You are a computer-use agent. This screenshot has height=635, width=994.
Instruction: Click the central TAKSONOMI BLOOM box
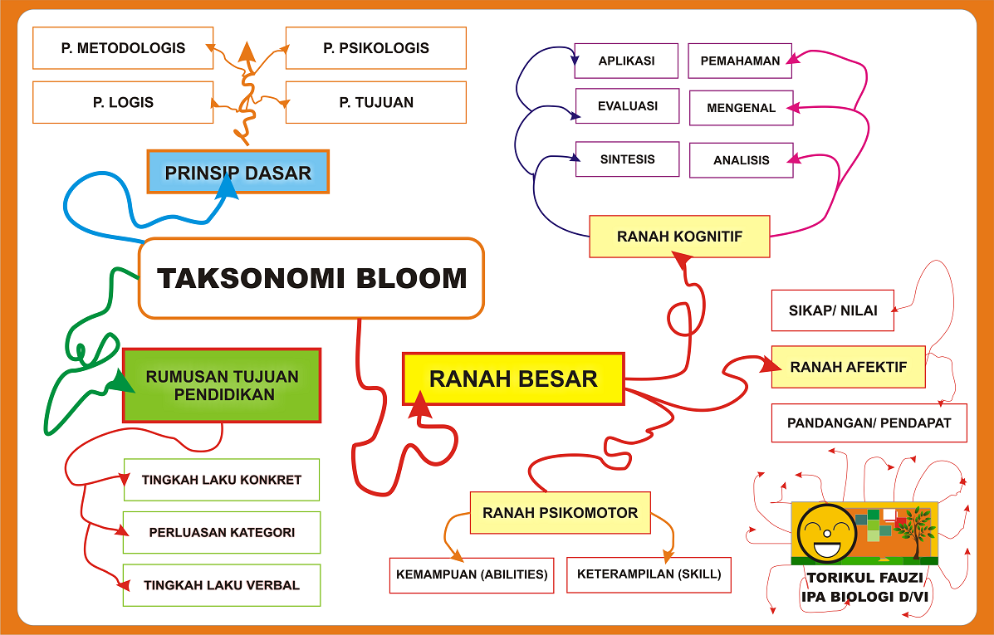tap(311, 278)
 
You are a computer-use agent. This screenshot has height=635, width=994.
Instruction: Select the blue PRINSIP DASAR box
tap(238, 172)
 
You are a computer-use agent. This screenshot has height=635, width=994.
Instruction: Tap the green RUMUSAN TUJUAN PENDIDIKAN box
tap(222, 385)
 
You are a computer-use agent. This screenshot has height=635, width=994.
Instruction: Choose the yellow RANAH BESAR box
tap(513, 379)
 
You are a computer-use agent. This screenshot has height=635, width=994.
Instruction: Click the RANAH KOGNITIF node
tap(679, 237)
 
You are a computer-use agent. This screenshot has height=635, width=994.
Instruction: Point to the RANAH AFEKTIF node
tap(848, 367)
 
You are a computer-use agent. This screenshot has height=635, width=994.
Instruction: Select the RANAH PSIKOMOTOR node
tap(560, 512)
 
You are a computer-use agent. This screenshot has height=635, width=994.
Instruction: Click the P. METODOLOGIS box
tap(123, 48)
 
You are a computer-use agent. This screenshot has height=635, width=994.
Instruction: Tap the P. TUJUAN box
tap(376, 102)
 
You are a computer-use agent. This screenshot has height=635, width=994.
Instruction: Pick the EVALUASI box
tap(628, 106)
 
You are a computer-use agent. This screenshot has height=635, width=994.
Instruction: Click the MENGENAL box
tap(741, 108)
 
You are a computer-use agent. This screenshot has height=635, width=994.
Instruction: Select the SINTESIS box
tap(628, 159)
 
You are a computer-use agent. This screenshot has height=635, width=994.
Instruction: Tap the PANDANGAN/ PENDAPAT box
tap(869, 423)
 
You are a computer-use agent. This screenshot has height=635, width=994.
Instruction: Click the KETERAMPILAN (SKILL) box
tap(649, 574)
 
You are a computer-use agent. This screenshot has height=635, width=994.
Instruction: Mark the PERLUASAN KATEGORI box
tap(222, 532)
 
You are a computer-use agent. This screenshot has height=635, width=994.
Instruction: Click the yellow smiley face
tap(826, 532)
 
